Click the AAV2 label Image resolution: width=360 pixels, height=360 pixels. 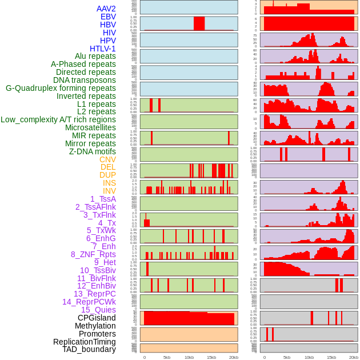[x=106, y=9]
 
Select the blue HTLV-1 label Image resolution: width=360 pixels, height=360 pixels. [x=102, y=49]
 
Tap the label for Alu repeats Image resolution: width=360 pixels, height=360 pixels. [x=95, y=56]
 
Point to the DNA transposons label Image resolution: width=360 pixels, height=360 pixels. [x=85, y=80]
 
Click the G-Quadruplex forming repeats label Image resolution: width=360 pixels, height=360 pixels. [x=61, y=88]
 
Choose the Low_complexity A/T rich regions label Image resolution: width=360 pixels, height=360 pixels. [x=58, y=119]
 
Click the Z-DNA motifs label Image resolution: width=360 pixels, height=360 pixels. [x=93, y=151]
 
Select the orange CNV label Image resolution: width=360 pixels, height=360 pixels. [x=107, y=159]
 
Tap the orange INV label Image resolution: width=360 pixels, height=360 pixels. [x=109, y=191]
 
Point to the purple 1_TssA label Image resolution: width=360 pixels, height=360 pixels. [x=103, y=199]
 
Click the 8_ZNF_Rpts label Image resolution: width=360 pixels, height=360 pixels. [x=93, y=254]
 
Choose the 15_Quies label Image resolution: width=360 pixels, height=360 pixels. [x=98, y=310]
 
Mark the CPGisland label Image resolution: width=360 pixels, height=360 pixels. [x=97, y=318]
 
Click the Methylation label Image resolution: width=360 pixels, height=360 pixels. [x=95, y=326]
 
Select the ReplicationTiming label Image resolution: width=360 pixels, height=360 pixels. [x=84, y=342]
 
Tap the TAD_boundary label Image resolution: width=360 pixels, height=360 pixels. [x=89, y=349]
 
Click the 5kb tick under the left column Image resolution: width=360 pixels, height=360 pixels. [x=167, y=357]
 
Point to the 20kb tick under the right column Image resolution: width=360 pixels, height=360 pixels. [x=353, y=357]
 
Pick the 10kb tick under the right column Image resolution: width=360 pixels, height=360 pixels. [x=309, y=357]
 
